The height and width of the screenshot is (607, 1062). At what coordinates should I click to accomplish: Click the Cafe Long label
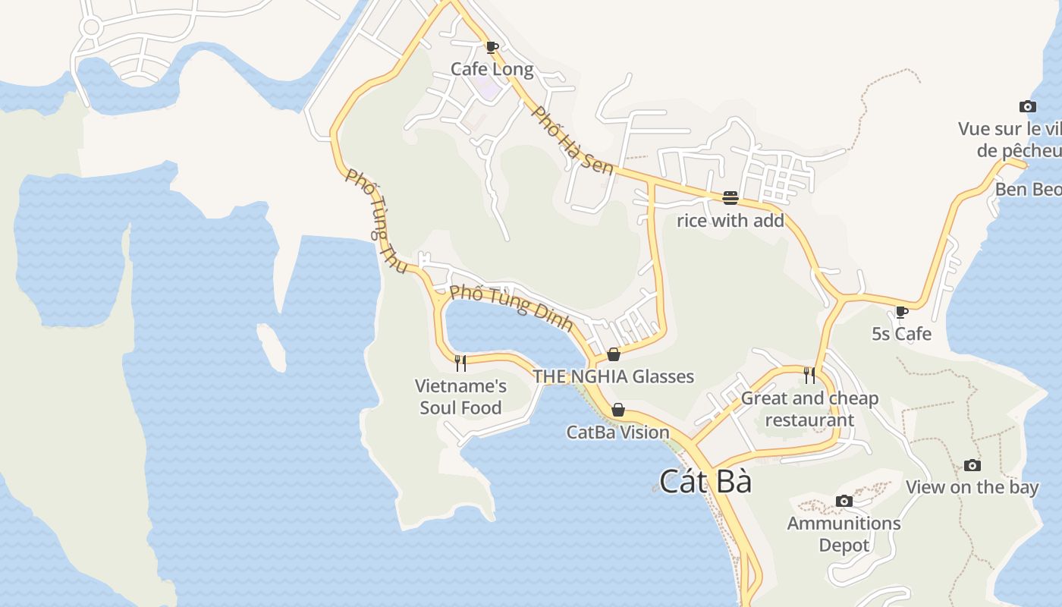(x=492, y=69)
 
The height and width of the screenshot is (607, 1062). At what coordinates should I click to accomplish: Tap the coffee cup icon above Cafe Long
(x=492, y=48)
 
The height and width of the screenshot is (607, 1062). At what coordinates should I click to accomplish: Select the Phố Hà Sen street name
(x=572, y=140)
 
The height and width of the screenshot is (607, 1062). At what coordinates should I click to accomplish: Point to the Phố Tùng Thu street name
(x=377, y=215)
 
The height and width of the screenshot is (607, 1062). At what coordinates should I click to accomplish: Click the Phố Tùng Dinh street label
(x=511, y=307)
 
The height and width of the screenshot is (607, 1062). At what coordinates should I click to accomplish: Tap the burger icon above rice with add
(x=731, y=198)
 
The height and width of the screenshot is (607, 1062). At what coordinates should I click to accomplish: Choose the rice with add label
(x=730, y=221)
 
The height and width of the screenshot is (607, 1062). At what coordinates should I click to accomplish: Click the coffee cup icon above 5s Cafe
(x=901, y=312)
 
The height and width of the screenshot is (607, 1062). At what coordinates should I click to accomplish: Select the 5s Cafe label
(x=901, y=334)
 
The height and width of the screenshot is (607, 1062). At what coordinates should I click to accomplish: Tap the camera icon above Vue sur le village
(x=1027, y=107)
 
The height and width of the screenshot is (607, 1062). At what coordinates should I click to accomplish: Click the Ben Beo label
(x=1027, y=189)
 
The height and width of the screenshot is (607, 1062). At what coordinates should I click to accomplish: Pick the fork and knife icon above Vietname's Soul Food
(x=460, y=363)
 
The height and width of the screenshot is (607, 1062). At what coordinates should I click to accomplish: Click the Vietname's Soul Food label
(x=460, y=397)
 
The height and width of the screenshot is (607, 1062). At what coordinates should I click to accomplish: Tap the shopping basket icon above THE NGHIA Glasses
(x=614, y=354)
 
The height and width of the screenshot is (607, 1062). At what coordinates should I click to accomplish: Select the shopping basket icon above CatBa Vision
(x=618, y=410)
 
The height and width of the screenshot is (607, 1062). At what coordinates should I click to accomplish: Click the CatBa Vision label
(x=618, y=432)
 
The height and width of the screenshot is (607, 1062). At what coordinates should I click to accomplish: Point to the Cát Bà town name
(x=705, y=482)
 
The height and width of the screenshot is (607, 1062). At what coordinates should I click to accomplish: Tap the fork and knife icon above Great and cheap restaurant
(x=809, y=375)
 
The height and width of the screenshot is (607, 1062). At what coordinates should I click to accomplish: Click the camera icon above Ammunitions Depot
(x=844, y=501)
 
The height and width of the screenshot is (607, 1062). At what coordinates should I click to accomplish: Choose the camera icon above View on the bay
(x=972, y=465)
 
